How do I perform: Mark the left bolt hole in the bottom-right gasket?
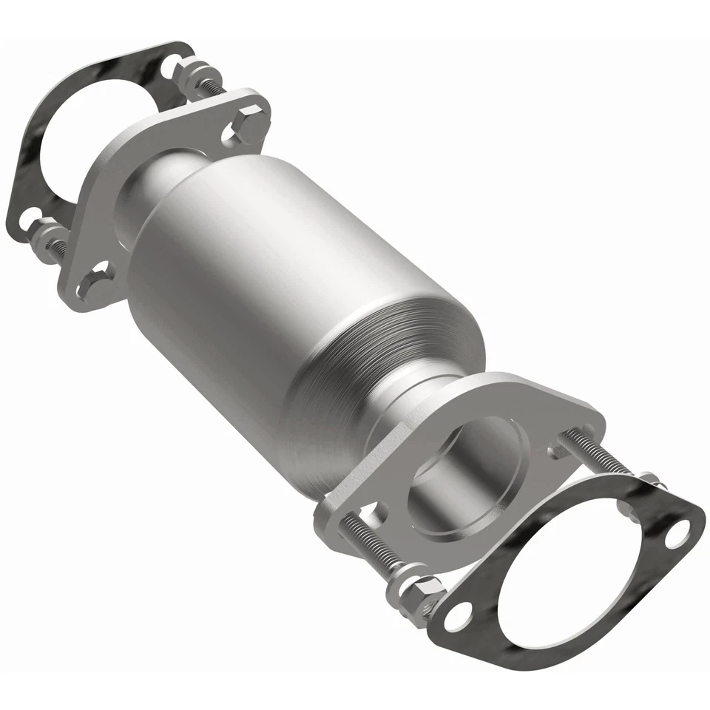pyautogui.click(x=459, y=612)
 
